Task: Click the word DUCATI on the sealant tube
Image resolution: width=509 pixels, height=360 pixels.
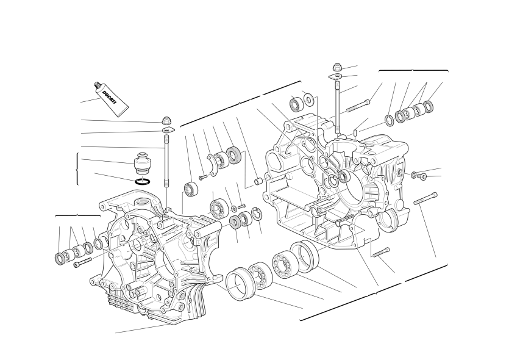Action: click(109, 98)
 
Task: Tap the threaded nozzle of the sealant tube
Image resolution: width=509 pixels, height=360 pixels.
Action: click(96, 85)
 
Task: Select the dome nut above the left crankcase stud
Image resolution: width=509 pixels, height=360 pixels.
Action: click(167, 121)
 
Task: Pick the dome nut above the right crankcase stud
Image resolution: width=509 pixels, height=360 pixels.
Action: click(337, 67)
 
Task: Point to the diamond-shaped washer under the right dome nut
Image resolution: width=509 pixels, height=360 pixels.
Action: click(337, 77)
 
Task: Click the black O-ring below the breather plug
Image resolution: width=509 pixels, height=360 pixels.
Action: click(143, 181)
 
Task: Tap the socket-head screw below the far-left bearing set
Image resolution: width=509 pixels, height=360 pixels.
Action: click(83, 262)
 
